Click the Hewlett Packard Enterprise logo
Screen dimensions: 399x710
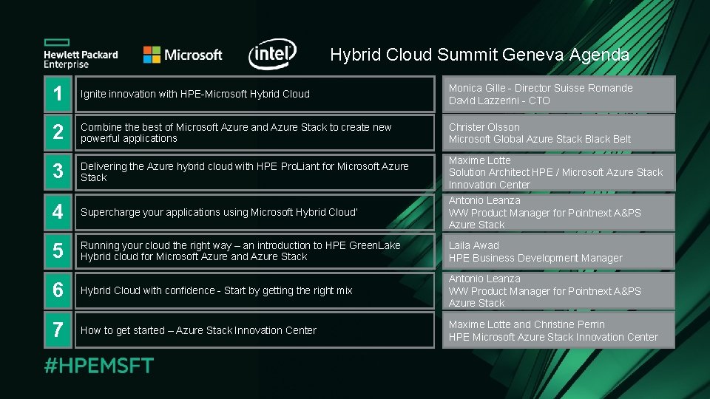coord(80,54)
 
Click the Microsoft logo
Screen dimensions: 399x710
coord(182,55)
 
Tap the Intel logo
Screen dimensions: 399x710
coord(272,54)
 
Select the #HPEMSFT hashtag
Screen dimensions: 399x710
coord(99,365)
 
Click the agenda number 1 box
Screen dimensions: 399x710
coord(58,94)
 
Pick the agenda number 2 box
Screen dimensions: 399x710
coord(58,133)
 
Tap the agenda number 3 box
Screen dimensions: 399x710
coord(58,172)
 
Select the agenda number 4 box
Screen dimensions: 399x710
coord(58,212)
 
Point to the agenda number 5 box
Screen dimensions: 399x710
coord(58,251)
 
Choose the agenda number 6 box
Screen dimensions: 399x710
coord(58,290)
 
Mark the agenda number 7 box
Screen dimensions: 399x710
coord(58,330)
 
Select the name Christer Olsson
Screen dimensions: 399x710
coord(484,127)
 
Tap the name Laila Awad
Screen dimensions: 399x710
coord(473,245)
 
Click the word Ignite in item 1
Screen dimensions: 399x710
coord(93,94)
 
